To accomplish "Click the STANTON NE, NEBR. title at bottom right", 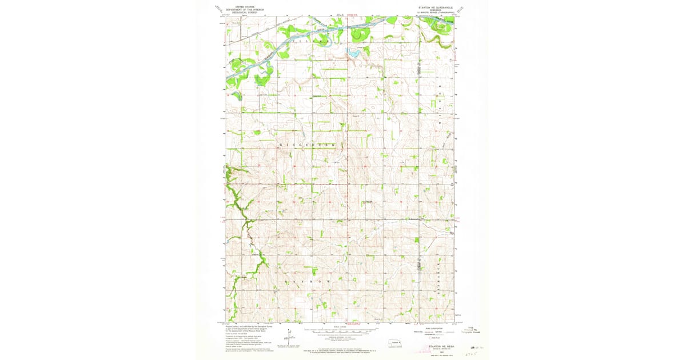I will click(441, 346).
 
